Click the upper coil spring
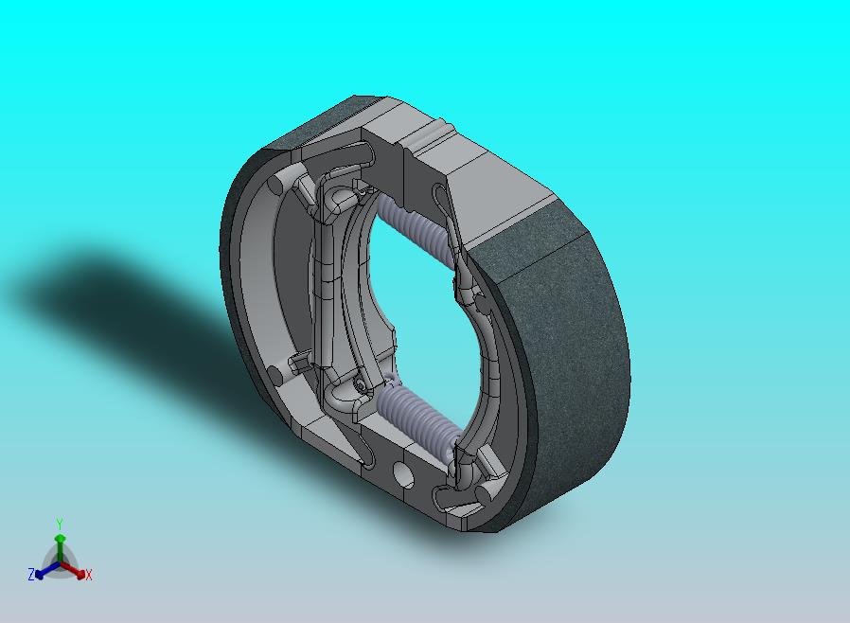[x=416, y=230]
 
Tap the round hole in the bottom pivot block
[x=403, y=474]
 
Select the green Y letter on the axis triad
[x=60, y=525]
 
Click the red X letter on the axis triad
[x=89, y=575]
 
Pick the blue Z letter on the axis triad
[x=31, y=574]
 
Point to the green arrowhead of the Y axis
[x=61, y=539]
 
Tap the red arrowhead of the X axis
[x=80, y=574]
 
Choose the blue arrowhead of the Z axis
[x=39, y=574]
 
